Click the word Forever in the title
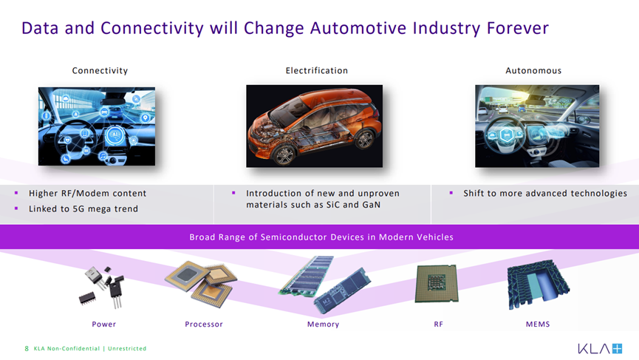tap(518, 28)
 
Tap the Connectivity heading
tap(100, 70)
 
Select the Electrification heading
tap(317, 70)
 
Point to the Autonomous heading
tap(533, 70)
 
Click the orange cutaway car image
tap(314, 126)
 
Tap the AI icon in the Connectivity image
tap(115, 135)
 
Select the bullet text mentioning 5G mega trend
tap(83, 208)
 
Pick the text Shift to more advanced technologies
tap(545, 193)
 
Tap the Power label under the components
tap(104, 324)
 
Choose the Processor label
tap(204, 324)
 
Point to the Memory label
tap(323, 324)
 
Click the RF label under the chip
tap(439, 324)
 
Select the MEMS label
tap(538, 324)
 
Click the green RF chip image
tap(437, 284)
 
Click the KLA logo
tap(600, 349)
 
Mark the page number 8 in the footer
tap(27, 349)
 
